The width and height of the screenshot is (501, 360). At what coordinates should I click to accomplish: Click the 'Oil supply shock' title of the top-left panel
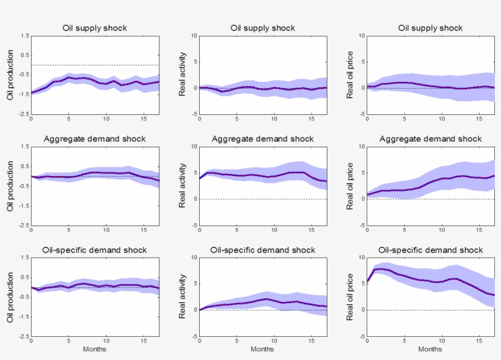pos(95,28)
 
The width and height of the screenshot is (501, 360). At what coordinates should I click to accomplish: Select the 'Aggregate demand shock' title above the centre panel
pos(263,139)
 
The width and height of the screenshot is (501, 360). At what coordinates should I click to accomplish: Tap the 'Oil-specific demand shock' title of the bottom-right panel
pos(431,250)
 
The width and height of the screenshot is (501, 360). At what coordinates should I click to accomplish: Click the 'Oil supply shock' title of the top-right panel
pos(431,28)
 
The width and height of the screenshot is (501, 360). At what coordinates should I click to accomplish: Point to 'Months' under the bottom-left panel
pos(95,349)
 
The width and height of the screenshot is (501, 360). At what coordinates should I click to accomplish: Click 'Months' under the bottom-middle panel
pos(263,349)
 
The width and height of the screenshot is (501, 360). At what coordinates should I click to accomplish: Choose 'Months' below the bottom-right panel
pos(431,349)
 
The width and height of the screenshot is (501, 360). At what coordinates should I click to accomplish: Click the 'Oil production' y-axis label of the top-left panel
pos(10,75)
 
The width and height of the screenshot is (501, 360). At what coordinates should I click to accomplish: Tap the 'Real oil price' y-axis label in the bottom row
pos(350,297)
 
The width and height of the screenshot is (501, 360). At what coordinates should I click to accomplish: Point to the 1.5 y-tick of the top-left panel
pos(24,36)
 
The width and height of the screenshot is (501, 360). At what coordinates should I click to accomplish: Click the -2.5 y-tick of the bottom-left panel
pos(23,336)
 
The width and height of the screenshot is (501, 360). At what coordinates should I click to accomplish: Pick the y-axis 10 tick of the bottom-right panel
pos(361,258)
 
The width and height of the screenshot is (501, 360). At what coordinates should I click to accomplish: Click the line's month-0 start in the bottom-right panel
pos(367,282)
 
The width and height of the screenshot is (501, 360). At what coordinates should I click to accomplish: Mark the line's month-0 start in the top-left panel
pos(31,93)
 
